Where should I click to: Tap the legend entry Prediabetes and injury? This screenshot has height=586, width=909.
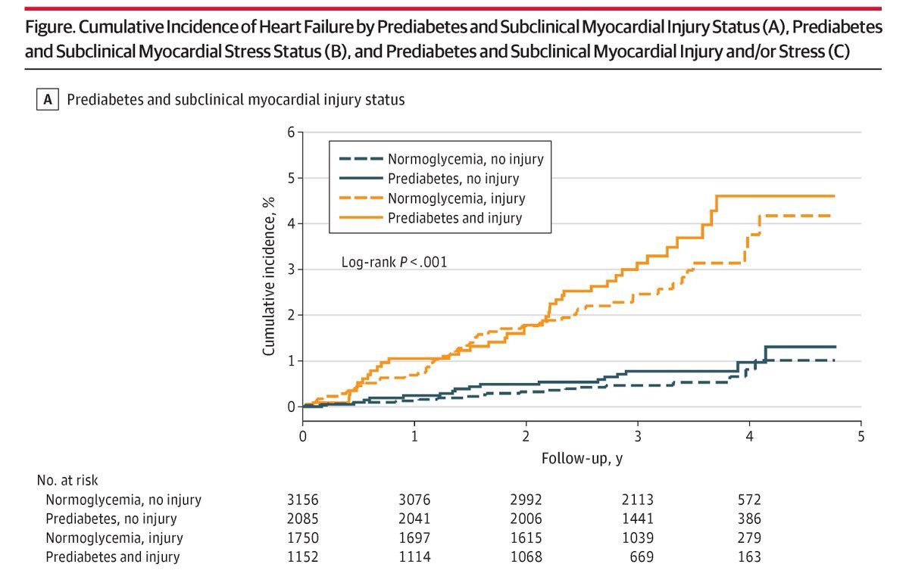(x=454, y=219)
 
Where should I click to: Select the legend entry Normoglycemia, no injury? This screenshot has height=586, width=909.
(x=465, y=159)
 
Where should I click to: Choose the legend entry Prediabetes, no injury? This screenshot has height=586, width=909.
(x=453, y=179)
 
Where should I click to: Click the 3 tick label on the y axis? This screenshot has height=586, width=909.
(x=290, y=270)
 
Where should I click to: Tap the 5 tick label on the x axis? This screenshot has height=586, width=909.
(x=861, y=437)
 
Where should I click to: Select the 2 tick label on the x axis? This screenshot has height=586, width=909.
(x=526, y=437)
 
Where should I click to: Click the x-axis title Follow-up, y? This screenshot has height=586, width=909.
(x=582, y=458)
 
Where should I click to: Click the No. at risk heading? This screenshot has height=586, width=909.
(x=67, y=480)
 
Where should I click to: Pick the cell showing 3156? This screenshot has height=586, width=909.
(x=302, y=500)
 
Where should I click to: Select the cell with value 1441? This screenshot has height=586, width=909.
(x=637, y=519)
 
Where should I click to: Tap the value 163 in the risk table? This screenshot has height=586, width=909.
(x=748, y=557)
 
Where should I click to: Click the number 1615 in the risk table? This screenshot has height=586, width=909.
(x=526, y=538)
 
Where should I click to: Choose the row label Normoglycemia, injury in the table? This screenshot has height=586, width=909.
(x=114, y=538)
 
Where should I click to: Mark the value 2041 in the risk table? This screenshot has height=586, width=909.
(x=414, y=519)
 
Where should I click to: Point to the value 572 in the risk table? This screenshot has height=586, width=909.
(x=748, y=500)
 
